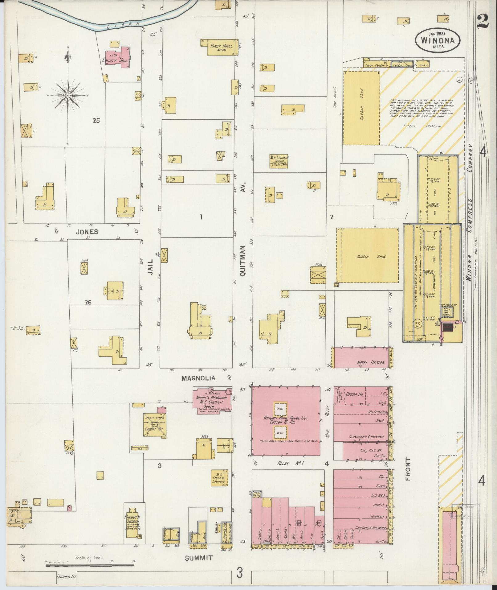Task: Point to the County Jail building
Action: click(117, 57)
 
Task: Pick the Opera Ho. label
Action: click(354, 394)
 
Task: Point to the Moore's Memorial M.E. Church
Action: click(212, 400)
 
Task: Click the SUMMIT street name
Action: click(199, 558)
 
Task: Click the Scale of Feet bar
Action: click(90, 566)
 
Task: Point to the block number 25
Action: click(96, 121)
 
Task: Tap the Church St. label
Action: click(66, 576)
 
